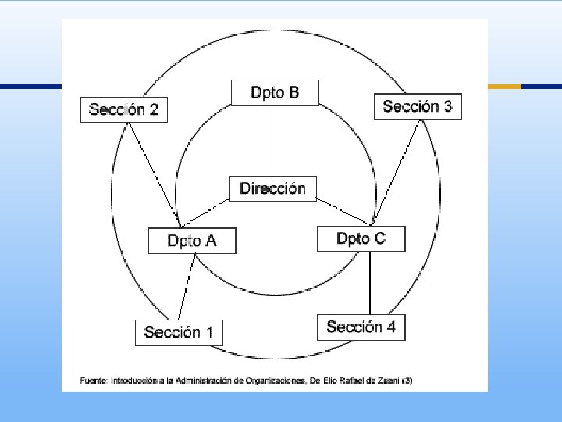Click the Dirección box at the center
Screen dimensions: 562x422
(x=272, y=188)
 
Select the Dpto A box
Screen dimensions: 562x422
(x=192, y=241)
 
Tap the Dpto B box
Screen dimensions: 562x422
(x=276, y=93)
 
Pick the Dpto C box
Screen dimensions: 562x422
(x=361, y=238)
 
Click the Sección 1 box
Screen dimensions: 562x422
(x=179, y=332)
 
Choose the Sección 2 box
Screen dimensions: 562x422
(x=123, y=109)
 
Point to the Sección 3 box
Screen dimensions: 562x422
(x=418, y=106)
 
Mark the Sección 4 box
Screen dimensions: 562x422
(x=361, y=327)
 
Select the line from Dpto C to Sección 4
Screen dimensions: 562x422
(x=370, y=282)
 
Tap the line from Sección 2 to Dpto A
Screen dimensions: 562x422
(x=154, y=172)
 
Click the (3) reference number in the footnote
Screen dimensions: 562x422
(x=407, y=381)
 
